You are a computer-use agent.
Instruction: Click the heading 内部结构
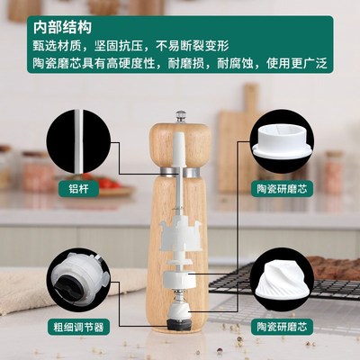[37, 16]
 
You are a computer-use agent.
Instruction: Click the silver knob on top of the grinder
[181, 116]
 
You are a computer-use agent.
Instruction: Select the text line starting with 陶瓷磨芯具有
[175, 64]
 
